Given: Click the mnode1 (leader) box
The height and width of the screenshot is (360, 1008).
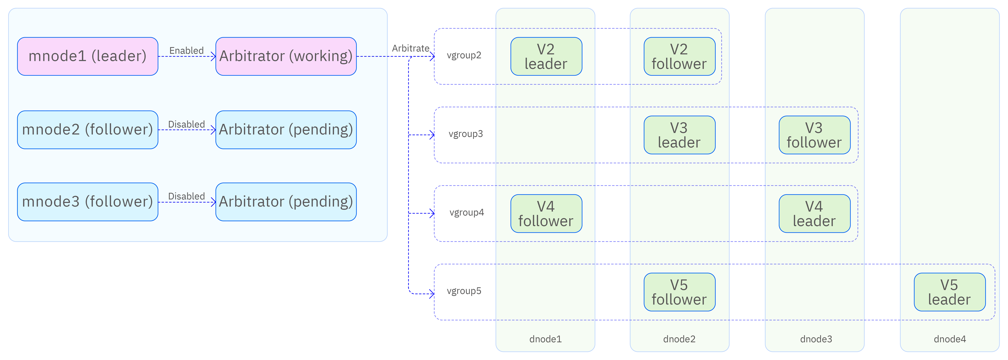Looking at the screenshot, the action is (x=88, y=56).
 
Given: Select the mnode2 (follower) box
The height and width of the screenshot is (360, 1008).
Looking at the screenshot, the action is (x=88, y=129).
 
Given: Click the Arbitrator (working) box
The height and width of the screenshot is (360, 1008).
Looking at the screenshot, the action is (x=286, y=56).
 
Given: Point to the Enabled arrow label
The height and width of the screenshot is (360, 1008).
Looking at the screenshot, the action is (x=186, y=50).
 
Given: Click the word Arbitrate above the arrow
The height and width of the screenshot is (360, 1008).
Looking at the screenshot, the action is (x=411, y=48).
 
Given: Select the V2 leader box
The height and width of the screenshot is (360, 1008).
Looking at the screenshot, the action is (x=546, y=56).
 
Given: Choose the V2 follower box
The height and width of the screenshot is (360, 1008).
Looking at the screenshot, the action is (x=680, y=56).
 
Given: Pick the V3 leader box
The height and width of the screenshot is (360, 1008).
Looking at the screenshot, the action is (x=680, y=135).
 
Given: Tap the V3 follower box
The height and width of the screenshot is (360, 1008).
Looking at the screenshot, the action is (x=815, y=135).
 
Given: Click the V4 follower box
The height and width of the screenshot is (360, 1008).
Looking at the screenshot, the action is (x=546, y=214).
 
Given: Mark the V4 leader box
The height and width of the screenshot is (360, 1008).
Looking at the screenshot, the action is (x=815, y=214).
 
